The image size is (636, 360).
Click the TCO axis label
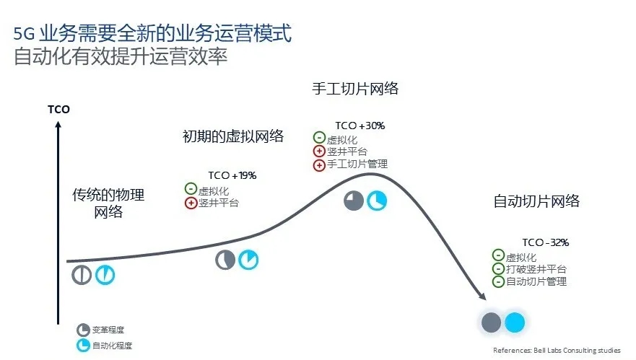click(58, 110)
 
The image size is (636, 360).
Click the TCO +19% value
click(232, 175)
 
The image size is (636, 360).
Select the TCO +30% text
click(360, 126)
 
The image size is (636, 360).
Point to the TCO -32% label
click(546, 242)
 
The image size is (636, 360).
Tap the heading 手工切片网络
click(355, 89)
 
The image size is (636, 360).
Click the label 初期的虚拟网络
click(233, 136)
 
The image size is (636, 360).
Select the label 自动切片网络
click(536, 201)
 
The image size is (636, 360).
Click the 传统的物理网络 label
click(108, 203)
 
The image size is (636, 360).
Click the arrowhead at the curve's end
click(482, 296)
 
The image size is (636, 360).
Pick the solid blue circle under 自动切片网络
click(515, 322)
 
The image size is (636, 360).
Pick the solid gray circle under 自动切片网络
click(491, 322)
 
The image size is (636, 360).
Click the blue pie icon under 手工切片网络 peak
click(377, 201)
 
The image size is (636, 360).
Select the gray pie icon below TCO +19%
click(225, 260)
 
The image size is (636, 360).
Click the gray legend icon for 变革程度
click(83, 330)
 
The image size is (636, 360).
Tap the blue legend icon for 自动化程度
click(83, 346)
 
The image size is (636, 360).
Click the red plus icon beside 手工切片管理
click(319, 165)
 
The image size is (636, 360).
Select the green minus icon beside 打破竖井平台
click(498, 268)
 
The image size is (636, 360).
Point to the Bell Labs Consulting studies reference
click(557, 351)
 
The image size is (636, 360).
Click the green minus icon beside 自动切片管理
click(498, 281)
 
